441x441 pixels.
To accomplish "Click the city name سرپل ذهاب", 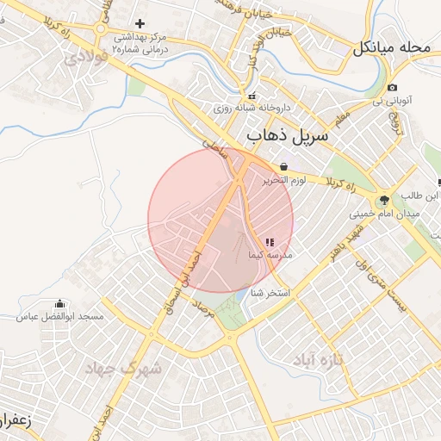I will pyautogui.click(x=286, y=137).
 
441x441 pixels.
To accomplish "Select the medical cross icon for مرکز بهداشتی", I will pyautogui.click(x=140, y=23).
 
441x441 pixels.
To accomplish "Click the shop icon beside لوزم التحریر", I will pyautogui.click(x=284, y=166).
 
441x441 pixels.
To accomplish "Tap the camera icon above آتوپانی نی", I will pyautogui.click(x=393, y=87).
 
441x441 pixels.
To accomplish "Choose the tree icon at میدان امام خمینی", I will pyautogui.click(x=384, y=200).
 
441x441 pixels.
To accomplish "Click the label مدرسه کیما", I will pyautogui.click(x=270, y=256).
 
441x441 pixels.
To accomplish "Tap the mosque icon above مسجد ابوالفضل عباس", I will pyautogui.click(x=59, y=304).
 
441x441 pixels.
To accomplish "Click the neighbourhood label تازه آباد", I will pyautogui.click(x=319, y=359).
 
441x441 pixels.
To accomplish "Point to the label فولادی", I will pyautogui.click(x=84, y=58).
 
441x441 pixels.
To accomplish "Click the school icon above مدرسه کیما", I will pyautogui.click(x=270, y=244).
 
